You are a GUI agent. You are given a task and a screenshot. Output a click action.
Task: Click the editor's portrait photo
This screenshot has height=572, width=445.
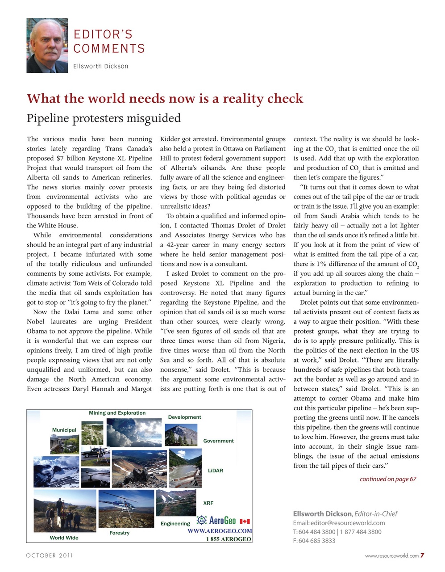coord(47,45)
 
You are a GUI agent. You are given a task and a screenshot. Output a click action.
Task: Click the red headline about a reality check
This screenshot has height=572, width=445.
coord(165,98)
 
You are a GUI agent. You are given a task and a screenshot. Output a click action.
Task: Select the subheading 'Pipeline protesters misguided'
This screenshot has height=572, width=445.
coord(104,118)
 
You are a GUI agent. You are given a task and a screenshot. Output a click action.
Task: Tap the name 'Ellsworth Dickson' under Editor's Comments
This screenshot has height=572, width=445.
coord(101,66)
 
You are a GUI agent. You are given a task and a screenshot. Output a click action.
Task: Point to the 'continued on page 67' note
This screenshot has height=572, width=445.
coord(387,479)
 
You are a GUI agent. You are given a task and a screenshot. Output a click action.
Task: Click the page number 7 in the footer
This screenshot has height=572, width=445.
coord(422,555)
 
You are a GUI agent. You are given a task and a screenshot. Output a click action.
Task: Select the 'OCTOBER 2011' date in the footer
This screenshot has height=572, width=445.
coord(49,555)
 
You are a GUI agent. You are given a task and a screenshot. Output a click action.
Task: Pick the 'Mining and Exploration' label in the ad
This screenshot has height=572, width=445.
coord(117,413)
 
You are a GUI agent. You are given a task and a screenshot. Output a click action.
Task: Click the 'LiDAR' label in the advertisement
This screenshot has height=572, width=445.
coord(215,471)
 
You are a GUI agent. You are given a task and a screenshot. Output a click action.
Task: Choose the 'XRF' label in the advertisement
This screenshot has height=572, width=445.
coord(208,503)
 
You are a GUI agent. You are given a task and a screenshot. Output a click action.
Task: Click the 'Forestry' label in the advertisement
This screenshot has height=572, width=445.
coord(119,533)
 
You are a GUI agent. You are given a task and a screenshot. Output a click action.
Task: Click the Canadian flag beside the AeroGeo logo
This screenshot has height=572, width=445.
coord(245,521)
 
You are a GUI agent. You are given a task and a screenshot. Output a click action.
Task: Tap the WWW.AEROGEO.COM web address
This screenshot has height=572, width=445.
coord(220,531)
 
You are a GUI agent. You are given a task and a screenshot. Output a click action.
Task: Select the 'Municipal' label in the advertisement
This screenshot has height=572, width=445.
coord(64,430)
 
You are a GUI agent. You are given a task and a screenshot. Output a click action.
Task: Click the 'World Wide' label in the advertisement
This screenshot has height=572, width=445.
coord(64,538)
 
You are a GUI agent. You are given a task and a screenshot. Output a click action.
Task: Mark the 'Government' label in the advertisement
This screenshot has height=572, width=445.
coord(218,441)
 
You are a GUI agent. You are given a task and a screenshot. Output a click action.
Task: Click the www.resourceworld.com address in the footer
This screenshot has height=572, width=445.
coord(391,556)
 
